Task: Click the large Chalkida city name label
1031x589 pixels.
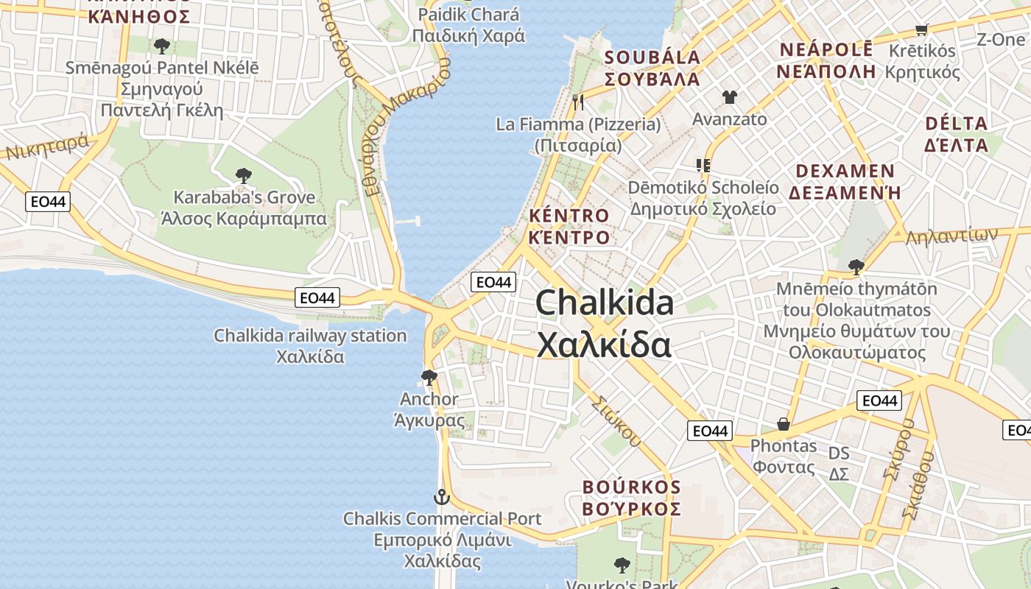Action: pyautogui.click(x=604, y=323)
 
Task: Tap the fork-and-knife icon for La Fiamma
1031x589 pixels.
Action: pyautogui.click(x=578, y=102)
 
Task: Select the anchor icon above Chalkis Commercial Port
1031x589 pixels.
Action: pyautogui.click(x=441, y=497)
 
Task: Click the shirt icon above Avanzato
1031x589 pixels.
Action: pyautogui.click(x=729, y=96)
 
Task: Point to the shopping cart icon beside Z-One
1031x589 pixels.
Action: pyautogui.click(x=921, y=29)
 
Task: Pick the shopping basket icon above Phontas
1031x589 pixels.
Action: pyautogui.click(x=784, y=424)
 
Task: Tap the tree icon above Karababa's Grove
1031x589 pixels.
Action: pyautogui.click(x=243, y=176)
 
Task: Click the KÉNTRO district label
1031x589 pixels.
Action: pyautogui.click(x=569, y=226)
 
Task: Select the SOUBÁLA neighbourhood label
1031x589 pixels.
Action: pyautogui.click(x=652, y=68)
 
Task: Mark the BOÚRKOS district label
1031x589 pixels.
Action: pyautogui.click(x=632, y=498)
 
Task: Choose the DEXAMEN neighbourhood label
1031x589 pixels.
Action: pyautogui.click(x=845, y=181)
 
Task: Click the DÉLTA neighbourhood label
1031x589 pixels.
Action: pyautogui.click(x=957, y=133)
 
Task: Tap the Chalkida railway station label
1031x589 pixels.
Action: pyautogui.click(x=310, y=345)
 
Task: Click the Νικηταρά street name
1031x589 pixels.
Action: pyautogui.click(x=48, y=147)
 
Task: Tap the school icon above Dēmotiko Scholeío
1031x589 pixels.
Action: pyautogui.click(x=703, y=165)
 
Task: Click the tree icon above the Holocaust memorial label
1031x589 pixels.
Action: pyautogui.click(x=856, y=267)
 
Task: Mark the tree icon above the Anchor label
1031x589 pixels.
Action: pyautogui.click(x=429, y=378)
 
